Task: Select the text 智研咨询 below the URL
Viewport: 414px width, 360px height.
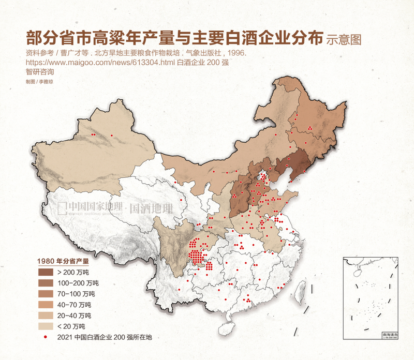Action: click(x=39, y=72)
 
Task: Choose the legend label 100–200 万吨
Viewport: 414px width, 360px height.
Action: click(x=78, y=283)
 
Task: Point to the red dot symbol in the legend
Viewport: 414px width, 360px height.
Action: click(x=46, y=337)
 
